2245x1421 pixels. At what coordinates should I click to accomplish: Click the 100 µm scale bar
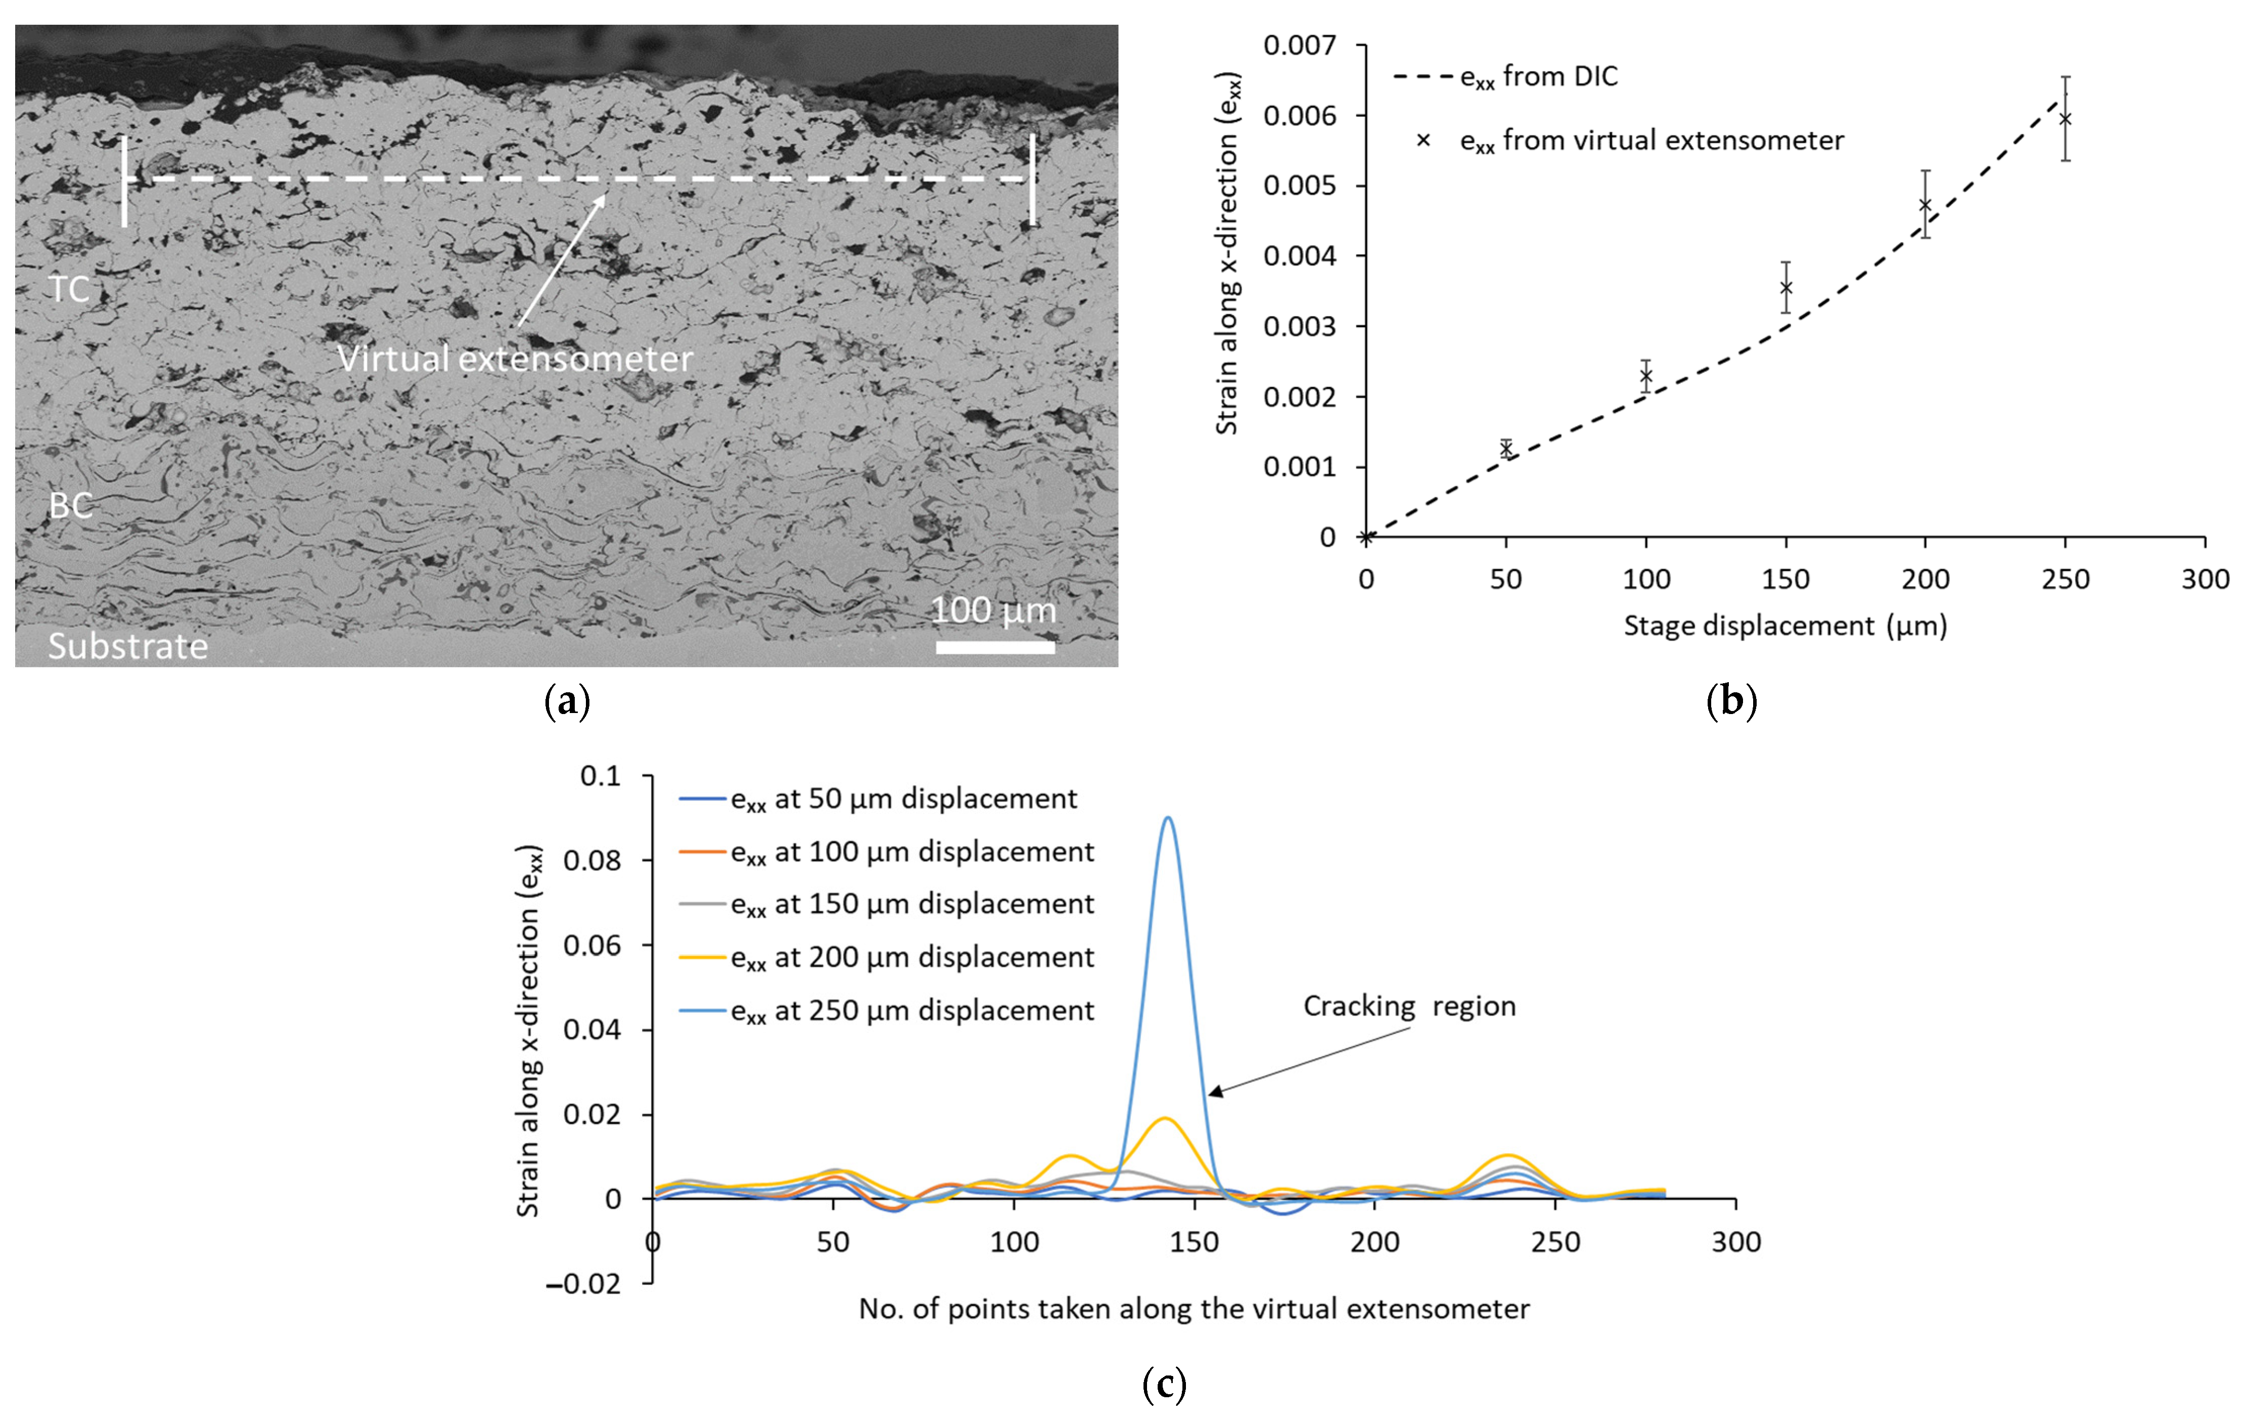tap(995, 646)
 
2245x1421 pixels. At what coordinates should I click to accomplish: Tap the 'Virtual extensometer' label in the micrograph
tap(515, 359)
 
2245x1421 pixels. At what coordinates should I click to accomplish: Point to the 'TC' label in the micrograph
tap(69, 289)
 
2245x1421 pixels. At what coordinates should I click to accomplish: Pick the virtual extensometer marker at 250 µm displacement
tap(2065, 118)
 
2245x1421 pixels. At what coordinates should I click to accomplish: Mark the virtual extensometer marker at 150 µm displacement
tap(1785, 287)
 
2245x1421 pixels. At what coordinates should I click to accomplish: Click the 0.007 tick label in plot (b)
tap(1299, 45)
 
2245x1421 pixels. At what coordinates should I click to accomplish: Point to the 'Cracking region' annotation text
tap(1409, 1006)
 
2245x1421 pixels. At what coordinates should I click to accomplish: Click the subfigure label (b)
tap(1731, 700)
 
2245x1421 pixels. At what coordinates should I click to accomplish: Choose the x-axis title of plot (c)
tap(1194, 1309)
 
